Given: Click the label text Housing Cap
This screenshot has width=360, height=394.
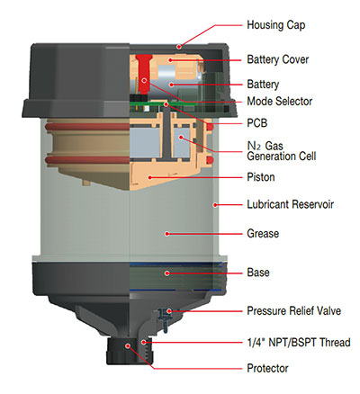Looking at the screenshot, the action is [x=276, y=25].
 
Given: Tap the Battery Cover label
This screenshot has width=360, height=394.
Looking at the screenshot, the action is [x=278, y=59].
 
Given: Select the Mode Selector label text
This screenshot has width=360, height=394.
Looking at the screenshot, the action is [x=280, y=102].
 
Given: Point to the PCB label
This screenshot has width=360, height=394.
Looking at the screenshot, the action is [x=257, y=123].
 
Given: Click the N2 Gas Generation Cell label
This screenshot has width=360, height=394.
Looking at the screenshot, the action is [x=282, y=151].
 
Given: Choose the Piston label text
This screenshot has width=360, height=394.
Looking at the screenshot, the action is [x=261, y=177].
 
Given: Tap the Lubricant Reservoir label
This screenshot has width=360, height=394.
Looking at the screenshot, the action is [x=290, y=204].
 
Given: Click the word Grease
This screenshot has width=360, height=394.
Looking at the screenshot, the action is [x=263, y=233].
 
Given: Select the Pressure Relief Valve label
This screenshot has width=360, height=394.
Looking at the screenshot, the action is [x=294, y=310].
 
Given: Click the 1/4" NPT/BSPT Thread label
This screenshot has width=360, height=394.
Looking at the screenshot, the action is [x=299, y=342].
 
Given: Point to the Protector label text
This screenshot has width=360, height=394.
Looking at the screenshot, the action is [x=267, y=368].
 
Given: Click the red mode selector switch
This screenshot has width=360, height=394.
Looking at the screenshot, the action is [x=143, y=74].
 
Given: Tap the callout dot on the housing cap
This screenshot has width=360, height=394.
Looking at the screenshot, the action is [x=179, y=46].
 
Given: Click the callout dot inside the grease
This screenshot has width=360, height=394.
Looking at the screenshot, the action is [x=167, y=233].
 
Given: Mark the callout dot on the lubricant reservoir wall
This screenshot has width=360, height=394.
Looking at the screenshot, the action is [x=215, y=205].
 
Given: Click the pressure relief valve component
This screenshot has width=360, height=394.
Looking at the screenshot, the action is [x=164, y=318].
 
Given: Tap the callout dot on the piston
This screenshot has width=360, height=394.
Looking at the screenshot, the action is [x=149, y=177].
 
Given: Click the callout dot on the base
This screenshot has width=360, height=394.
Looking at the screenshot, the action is [x=167, y=273].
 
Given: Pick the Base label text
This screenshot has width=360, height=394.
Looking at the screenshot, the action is [x=258, y=273].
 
